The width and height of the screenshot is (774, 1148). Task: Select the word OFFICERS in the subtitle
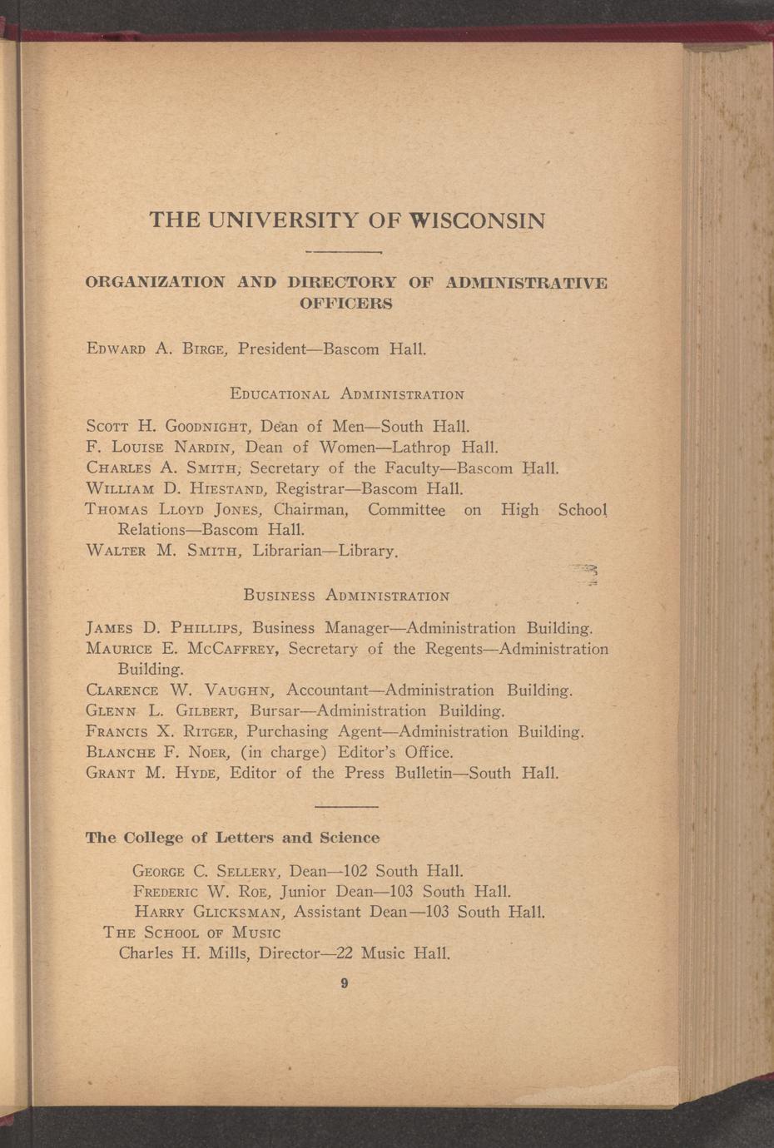(345, 303)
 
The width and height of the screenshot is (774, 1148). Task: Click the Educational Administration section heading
(346, 393)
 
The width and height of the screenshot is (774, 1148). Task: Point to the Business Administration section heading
(346, 596)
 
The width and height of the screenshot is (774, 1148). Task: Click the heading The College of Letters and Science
(232, 838)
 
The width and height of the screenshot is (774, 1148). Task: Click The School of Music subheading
(191, 933)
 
